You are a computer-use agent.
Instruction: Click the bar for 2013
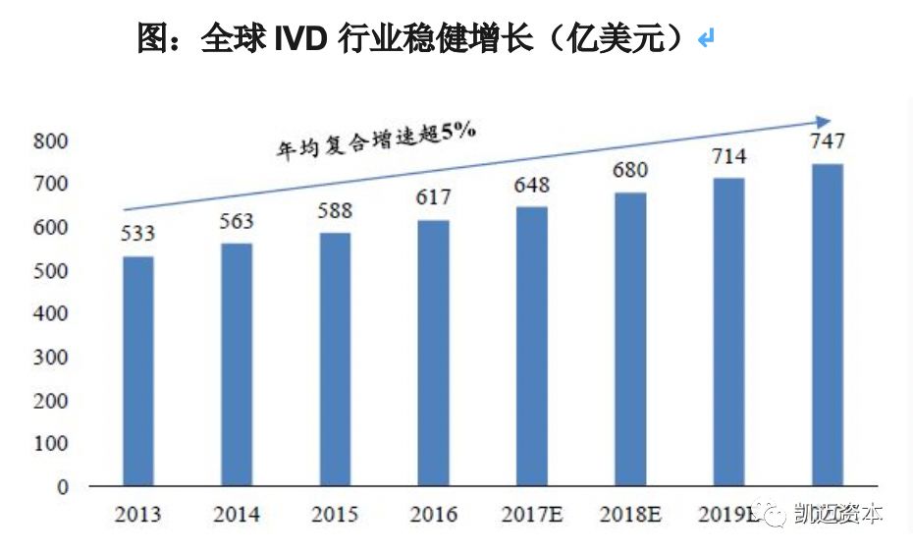(137, 371)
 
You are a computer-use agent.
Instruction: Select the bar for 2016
(433, 353)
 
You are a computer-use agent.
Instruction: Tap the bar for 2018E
(630, 339)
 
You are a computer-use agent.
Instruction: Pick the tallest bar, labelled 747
(828, 325)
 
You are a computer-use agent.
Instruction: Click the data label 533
(138, 235)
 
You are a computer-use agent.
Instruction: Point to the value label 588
(334, 211)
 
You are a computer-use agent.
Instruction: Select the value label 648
(531, 185)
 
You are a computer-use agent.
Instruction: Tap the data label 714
(728, 156)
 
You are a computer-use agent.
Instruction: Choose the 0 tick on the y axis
(62, 487)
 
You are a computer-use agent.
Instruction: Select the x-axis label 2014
(236, 514)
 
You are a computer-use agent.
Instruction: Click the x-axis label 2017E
(531, 514)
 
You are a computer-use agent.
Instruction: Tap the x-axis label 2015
(334, 514)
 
